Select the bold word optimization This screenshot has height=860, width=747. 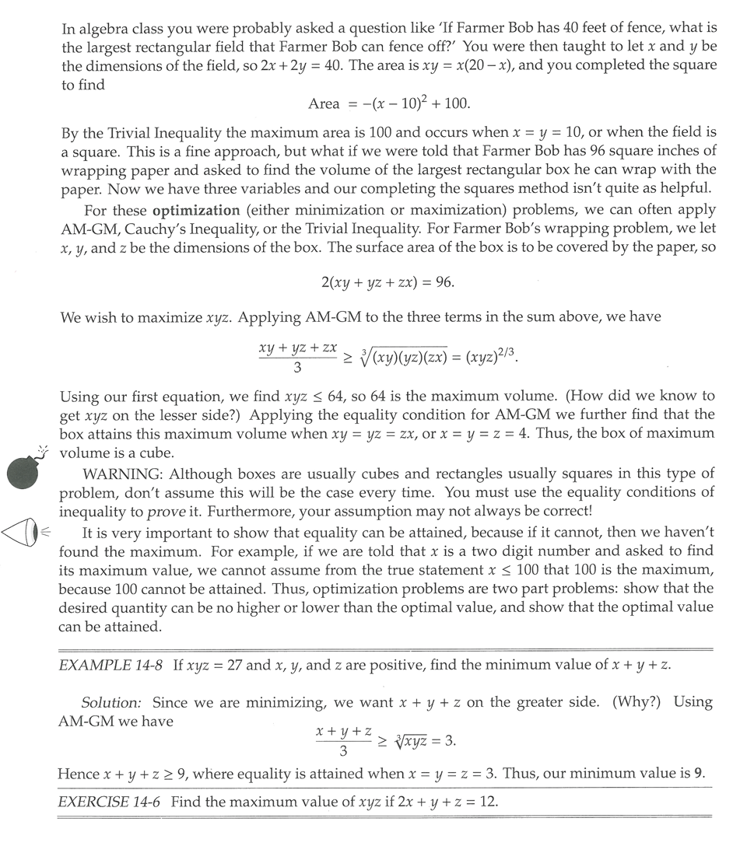click(x=196, y=211)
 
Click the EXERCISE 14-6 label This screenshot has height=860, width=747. click(x=110, y=802)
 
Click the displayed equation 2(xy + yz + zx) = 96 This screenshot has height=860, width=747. click(x=388, y=282)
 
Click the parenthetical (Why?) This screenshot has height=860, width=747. click(x=637, y=702)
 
